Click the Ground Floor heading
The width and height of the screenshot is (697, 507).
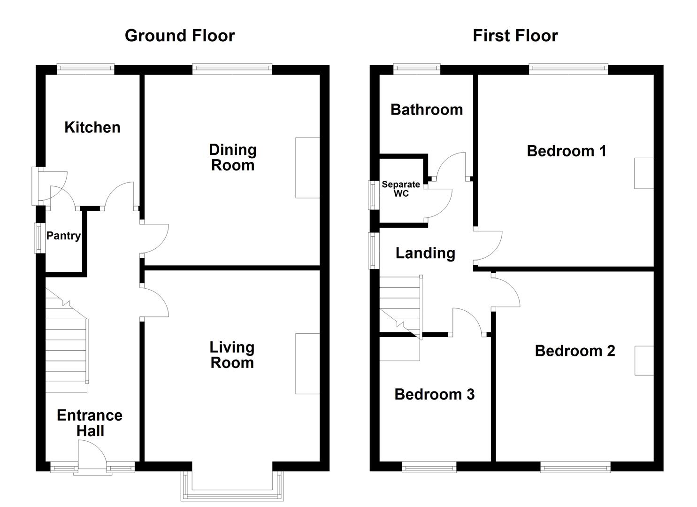coord(180,36)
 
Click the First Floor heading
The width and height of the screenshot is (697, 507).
coord(515,36)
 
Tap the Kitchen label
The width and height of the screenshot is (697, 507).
coord(92,127)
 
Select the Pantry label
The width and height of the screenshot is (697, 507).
coord(63,236)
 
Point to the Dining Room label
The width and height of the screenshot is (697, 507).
coord(233,158)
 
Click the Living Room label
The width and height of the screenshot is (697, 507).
coord(232,355)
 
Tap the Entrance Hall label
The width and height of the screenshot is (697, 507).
coord(90,423)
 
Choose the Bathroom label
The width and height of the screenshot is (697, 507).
coord(426,109)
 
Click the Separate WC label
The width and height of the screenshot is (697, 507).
coord(401,189)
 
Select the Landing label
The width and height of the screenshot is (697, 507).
coord(425,253)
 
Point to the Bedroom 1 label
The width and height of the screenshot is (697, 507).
coord(566,151)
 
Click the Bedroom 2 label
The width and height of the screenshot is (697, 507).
coord(574,351)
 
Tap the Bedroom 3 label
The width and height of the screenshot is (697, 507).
coord(434,394)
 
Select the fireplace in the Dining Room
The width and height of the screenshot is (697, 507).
coord(307,168)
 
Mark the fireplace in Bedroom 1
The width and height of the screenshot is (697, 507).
coord(643,173)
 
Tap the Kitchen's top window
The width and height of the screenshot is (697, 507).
coord(85,69)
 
